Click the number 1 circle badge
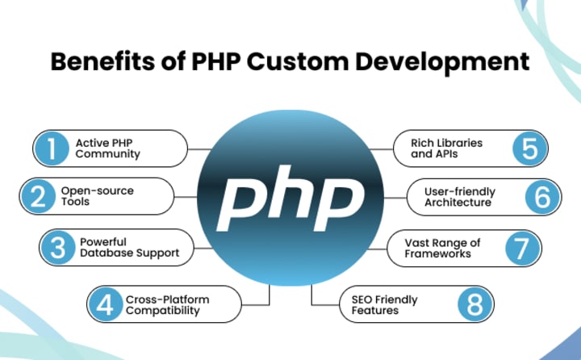tap(52, 149)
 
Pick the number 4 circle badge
tap(105, 305)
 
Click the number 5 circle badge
tap(529, 149)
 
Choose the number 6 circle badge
tap(544, 197)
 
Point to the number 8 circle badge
tap(476, 305)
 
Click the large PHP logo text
tap(290, 195)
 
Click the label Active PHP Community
tap(108, 149)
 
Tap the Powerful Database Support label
tap(129, 248)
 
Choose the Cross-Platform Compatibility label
tap(167, 305)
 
